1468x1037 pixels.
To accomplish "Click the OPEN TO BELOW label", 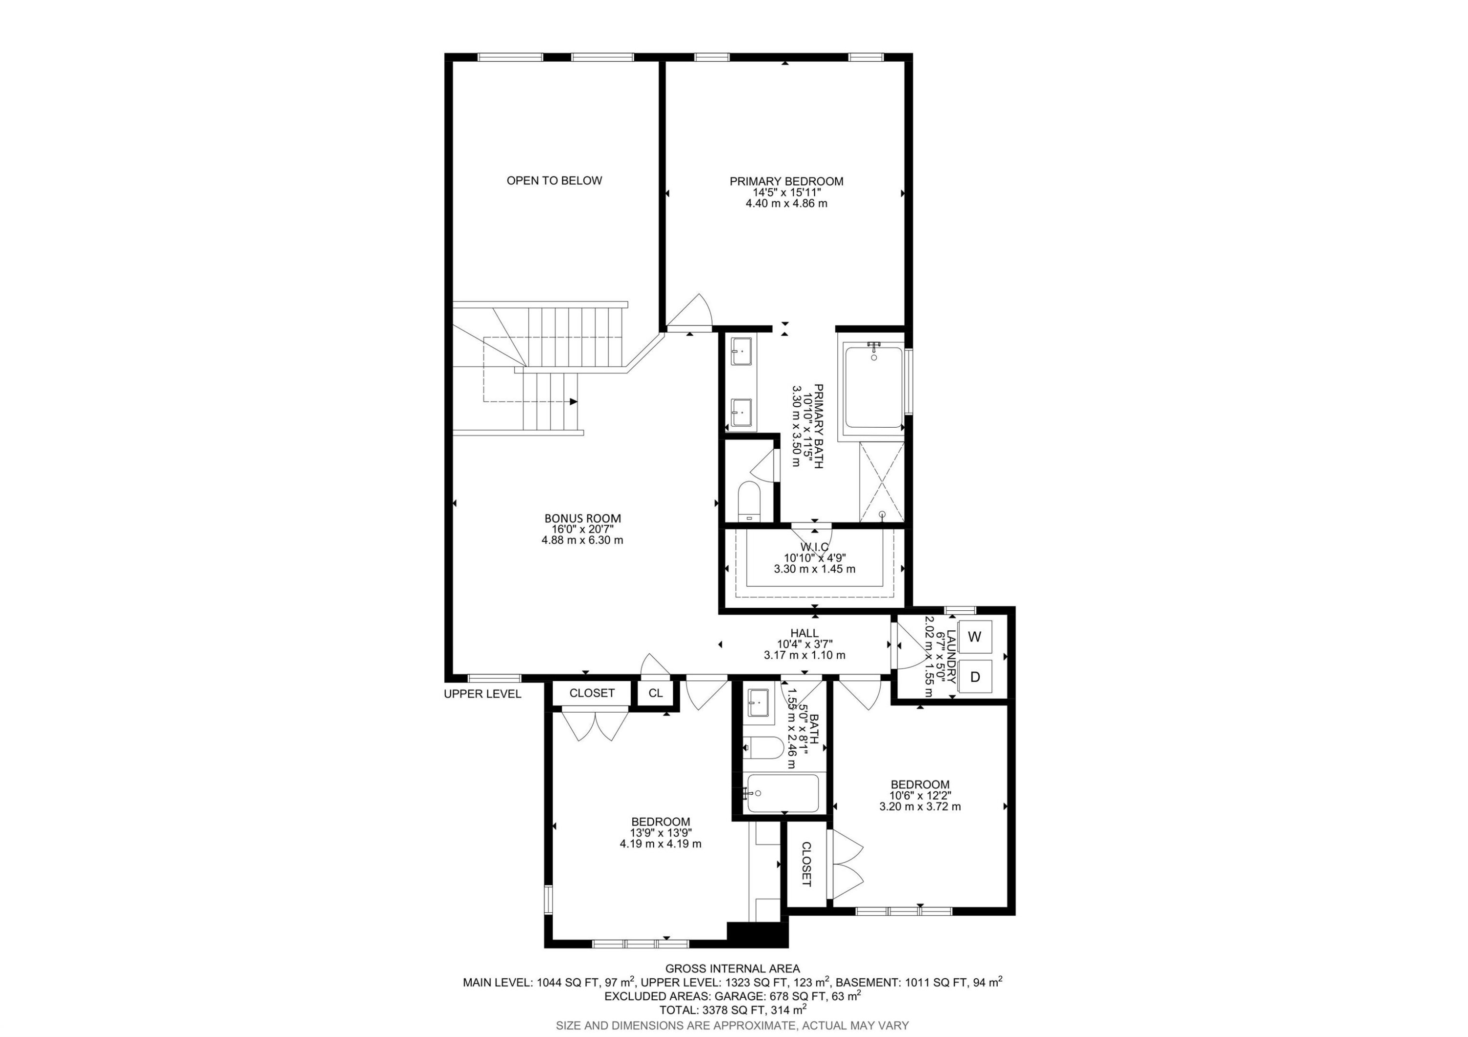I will click(554, 180).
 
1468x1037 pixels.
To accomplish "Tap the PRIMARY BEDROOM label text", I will click(786, 182).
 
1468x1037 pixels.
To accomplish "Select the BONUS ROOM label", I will click(582, 519).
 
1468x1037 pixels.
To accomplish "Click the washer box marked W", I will click(974, 637).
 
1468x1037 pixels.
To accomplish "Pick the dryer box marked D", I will click(974, 676).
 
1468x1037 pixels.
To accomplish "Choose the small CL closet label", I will click(655, 693).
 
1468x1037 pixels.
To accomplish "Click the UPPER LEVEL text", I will click(482, 693).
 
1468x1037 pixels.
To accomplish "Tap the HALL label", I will click(804, 633).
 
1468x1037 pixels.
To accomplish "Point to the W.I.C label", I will click(815, 547).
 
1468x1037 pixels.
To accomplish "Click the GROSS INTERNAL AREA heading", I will click(732, 968).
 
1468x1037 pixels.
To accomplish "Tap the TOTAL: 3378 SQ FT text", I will click(732, 1010).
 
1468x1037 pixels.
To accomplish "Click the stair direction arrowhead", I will click(573, 401).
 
